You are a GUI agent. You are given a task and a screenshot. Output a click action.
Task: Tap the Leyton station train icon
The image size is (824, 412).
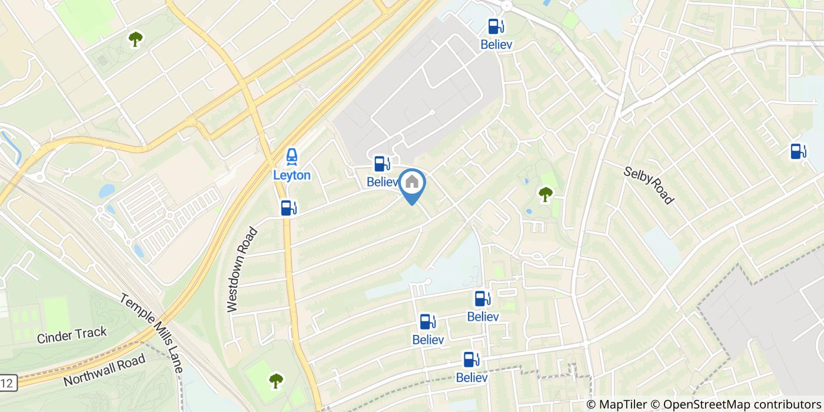291,157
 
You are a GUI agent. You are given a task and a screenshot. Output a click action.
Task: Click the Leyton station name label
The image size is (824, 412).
291,175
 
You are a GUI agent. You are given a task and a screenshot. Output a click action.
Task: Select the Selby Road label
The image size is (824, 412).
649,184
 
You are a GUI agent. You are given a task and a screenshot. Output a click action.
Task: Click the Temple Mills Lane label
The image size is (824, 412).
152,333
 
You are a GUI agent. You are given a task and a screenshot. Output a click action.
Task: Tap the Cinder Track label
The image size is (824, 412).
72,335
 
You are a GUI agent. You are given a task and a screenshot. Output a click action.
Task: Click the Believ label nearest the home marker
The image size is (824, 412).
383,182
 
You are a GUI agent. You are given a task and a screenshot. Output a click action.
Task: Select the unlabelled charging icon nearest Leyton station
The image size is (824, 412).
288,208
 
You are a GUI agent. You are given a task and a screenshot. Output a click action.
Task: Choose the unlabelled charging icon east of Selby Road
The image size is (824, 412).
799,151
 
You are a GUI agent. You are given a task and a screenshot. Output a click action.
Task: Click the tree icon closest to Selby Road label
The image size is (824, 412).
546,194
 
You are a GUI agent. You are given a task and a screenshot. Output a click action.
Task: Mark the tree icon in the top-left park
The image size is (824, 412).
136,39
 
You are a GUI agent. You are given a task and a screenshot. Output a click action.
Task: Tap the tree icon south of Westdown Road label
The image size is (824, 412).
276,381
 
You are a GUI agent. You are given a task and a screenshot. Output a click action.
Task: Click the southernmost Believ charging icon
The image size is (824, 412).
471,359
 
